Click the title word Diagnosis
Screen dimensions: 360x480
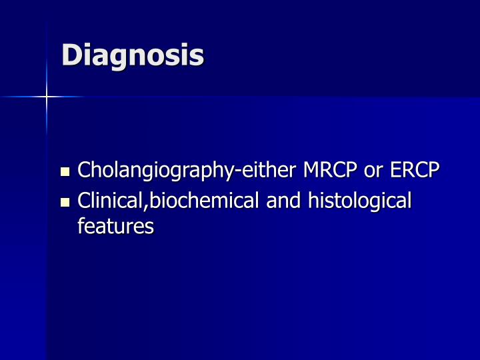pos(133,55)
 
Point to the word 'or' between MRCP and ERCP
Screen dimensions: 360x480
pos(371,171)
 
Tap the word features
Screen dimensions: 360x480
pos(115,227)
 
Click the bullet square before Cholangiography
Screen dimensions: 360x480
pos(65,172)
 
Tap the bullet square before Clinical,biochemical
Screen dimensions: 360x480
pos(65,201)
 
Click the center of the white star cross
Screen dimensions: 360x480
pos(47,97)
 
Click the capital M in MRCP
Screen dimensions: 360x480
pos(311,171)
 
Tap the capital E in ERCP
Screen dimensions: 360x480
pos(396,171)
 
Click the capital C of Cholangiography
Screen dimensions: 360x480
pos(84,171)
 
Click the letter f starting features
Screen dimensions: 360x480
pos(81,226)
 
